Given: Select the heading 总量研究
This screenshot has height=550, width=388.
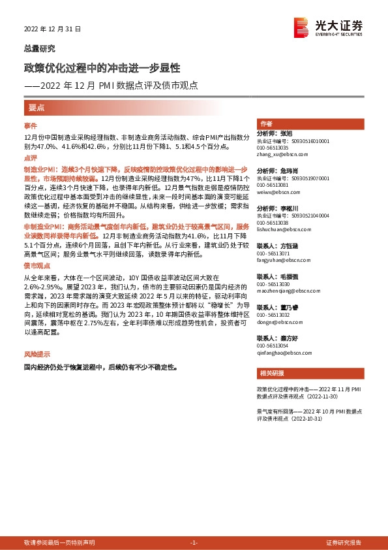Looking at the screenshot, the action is pos(40,49).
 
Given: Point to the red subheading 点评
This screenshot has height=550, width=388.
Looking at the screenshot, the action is pos(31,158).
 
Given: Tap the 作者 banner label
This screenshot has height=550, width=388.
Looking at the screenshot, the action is pos(266,124).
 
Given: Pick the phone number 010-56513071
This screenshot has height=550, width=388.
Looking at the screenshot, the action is pos(273,253).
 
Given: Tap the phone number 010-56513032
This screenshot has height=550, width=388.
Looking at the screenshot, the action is pos(273,315).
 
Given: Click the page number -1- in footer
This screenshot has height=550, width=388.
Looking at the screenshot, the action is pos(194,543).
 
